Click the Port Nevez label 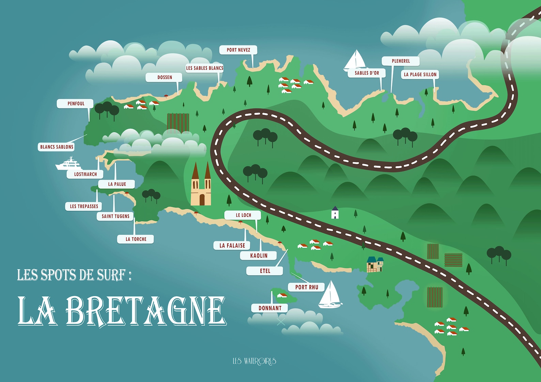point(238,50)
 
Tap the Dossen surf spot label point(164,78)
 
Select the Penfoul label point(75,104)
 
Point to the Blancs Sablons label point(57,147)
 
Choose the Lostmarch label point(85,175)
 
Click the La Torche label point(136,239)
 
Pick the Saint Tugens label point(115,216)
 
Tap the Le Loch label point(243,215)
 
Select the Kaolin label point(259,256)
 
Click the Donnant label point(269,308)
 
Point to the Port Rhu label point(306,287)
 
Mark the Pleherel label point(401,61)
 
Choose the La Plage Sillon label point(420,74)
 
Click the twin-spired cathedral point(201,185)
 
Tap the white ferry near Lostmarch point(69,164)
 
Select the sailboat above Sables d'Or point(355,60)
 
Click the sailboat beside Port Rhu point(330,295)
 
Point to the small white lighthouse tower point(335,213)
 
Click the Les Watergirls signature point(254,361)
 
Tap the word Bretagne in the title point(145,311)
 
